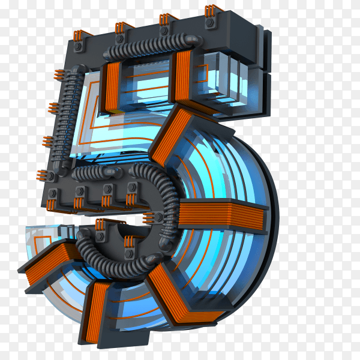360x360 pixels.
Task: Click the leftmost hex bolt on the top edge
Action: pos(77,46)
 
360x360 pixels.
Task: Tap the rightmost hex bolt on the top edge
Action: pos(209,23)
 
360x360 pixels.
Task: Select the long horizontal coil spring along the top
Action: pos(152,47)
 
